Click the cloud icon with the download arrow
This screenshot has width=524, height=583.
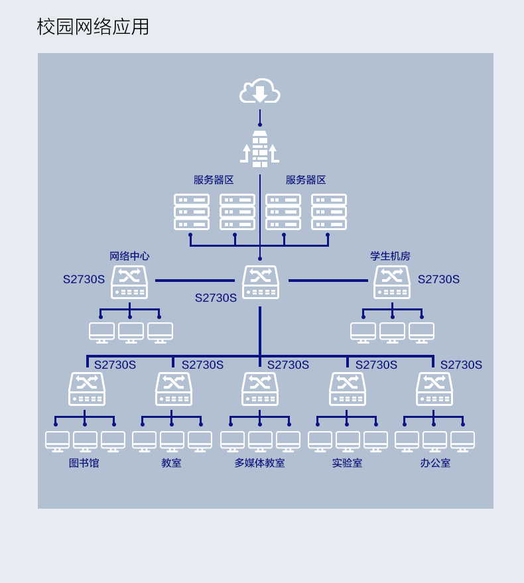(259, 92)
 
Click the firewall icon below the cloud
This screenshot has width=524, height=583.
(259, 149)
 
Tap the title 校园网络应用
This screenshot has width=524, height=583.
(93, 27)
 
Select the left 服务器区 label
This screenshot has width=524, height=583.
(214, 180)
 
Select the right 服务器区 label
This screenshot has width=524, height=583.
(306, 180)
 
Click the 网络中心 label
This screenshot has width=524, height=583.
(129, 256)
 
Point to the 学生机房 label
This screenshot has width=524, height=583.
(390, 256)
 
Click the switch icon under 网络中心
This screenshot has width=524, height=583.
(129, 282)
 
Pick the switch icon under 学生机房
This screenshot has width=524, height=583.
(391, 282)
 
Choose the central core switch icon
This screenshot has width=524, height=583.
(260, 282)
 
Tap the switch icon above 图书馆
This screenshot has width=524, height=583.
(87, 389)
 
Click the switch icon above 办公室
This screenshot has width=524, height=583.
(434, 389)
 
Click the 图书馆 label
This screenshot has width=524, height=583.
(84, 463)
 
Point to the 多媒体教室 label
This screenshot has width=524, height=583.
(259, 463)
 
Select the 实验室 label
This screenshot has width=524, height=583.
(347, 463)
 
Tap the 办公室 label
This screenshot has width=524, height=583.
(435, 463)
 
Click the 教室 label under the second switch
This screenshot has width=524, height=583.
(171, 463)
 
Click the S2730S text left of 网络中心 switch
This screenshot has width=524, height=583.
(84, 279)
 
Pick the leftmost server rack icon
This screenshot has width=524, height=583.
(192, 212)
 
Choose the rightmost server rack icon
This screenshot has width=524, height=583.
(329, 212)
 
